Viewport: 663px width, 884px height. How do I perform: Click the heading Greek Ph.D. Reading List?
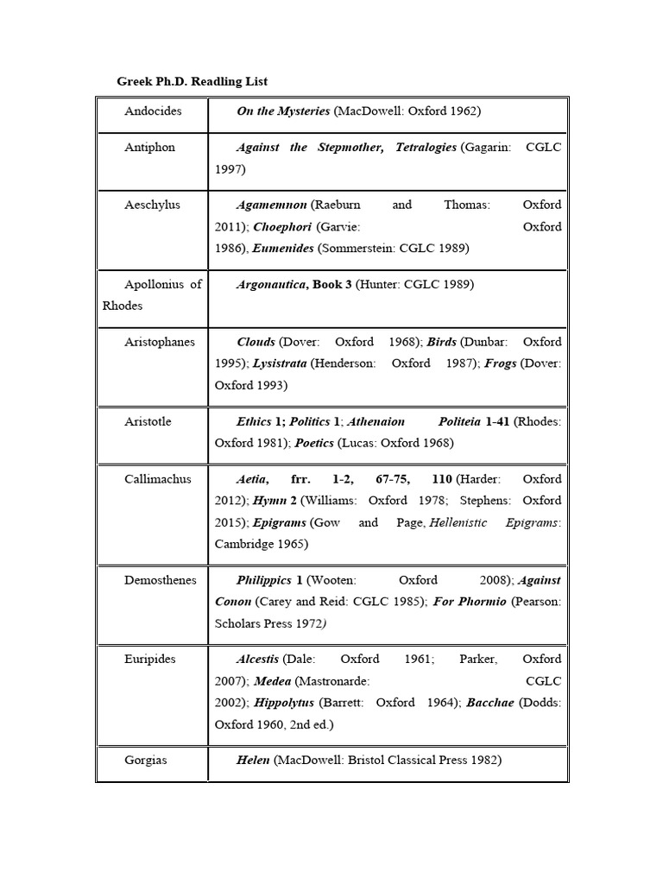193,81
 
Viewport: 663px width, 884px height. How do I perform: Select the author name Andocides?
153,111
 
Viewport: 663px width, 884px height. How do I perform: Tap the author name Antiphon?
149,148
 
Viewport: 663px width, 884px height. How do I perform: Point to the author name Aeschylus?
152,205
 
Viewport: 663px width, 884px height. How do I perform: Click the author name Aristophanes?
160,342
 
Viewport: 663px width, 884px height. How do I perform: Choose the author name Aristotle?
148,421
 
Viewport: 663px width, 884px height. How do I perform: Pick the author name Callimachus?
158,479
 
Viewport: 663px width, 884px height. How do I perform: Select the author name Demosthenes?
161,580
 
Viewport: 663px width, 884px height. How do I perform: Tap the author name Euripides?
150,660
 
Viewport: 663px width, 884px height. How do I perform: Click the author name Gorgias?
146,761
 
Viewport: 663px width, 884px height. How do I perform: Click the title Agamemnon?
271,205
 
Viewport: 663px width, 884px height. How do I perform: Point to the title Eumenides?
283,249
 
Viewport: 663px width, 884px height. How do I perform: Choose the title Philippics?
264,580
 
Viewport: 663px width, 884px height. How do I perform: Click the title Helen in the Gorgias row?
253,761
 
